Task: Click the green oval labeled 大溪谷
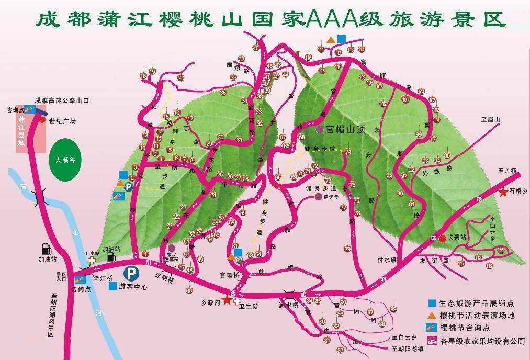click(65, 160)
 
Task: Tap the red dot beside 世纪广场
click(42, 119)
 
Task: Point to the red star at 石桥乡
click(503, 192)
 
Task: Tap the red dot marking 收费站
click(442, 238)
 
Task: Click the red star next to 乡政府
click(227, 300)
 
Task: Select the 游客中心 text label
click(134, 287)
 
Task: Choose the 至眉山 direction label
click(491, 119)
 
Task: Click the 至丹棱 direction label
click(507, 171)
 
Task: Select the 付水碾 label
click(387, 260)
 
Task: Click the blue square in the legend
click(432, 303)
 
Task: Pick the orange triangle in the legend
click(432, 315)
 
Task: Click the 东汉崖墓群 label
click(172, 257)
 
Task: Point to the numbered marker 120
click(501, 251)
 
